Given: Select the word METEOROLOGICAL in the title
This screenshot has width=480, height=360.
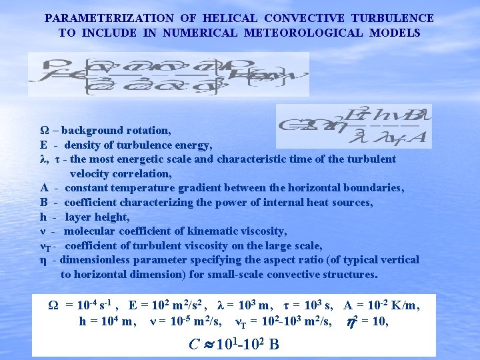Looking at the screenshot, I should tap(305, 32).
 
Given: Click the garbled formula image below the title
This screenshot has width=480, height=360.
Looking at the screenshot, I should tap(169, 75).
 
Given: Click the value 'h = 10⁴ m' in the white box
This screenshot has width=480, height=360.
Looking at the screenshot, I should tap(108, 321).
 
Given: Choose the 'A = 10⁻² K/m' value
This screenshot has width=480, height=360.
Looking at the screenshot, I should tap(381, 305).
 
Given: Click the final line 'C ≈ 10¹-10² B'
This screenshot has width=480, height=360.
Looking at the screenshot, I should tap(233, 344).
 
